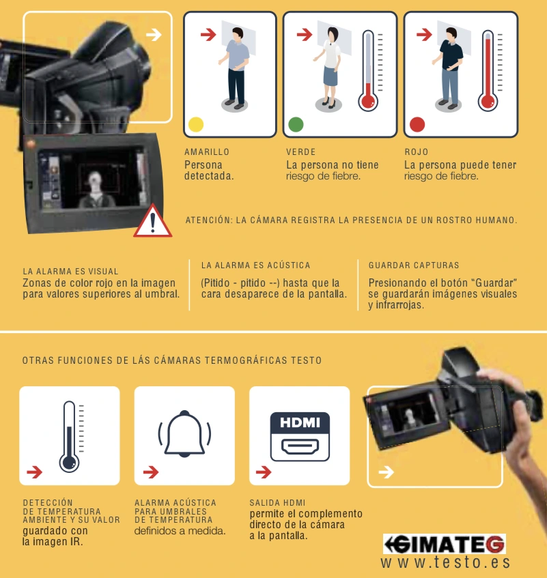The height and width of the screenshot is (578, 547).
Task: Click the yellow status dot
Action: [196, 124]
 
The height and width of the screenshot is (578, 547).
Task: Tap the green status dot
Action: [296, 124]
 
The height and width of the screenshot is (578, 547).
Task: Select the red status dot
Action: [417, 124]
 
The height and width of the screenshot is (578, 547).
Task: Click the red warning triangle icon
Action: [152, 222]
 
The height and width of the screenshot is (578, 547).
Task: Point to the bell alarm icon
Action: [184, 434]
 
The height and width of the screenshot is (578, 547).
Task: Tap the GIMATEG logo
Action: [444, 544]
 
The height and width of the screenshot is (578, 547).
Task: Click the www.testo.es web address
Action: [445, 562]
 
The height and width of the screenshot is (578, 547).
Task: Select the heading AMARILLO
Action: [207, 152]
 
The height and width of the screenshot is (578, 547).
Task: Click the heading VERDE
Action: [300, 152]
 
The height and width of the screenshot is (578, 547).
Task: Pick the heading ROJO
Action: [416, 152]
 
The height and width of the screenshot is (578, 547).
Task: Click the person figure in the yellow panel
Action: [235, 68]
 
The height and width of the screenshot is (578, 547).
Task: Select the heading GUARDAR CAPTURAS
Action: [414, 265]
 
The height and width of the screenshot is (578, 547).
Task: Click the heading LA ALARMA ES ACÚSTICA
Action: [255, 265]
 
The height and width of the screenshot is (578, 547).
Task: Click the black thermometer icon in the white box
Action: [69, 436]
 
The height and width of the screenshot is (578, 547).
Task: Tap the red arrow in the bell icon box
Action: [150, 472]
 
